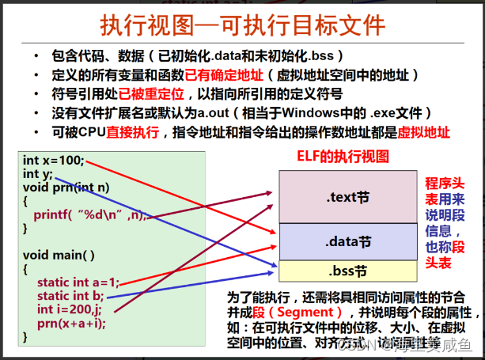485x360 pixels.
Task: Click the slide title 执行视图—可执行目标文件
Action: tap(243, 25)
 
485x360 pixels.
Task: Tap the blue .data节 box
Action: tap(343, 241)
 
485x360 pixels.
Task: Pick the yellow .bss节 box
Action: tap(343, 271)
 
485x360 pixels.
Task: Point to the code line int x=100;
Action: tap(54, 161)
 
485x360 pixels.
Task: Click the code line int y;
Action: tap(38, 173)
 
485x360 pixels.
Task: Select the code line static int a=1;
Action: tap(78, 282)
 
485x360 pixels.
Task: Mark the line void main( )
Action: tap(59, 255)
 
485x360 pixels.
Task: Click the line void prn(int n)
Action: tap(66, 187)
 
